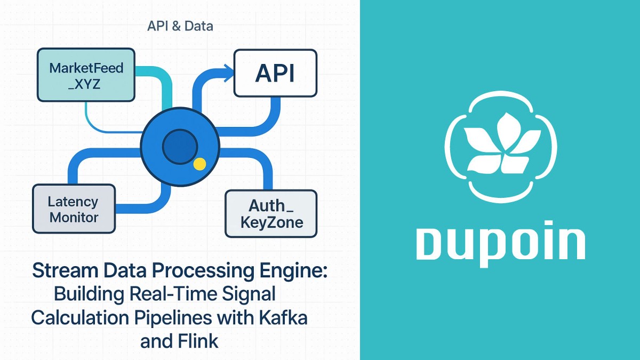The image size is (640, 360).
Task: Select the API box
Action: pyautogui.click(x=275, y=74)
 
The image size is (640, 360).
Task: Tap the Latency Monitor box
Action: pyautogui.click(x=74, y=209)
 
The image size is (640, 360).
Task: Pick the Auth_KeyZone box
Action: pyautogui.click(x=271, y=213)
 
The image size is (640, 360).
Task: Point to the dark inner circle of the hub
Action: pyautogui.click(x=180, y=148)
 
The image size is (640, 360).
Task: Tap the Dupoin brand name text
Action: pyautogui.click(x=500, y=244)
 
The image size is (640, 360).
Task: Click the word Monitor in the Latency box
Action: pyautogui.click(x=74, y=217)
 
